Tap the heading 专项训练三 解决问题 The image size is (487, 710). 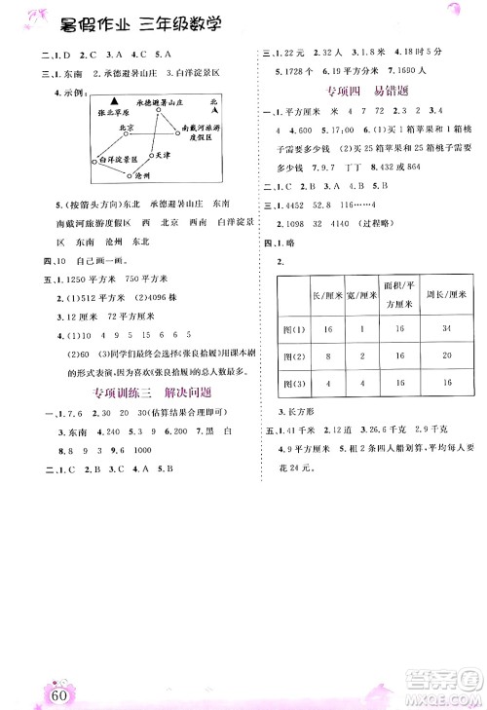(x=150, y=392)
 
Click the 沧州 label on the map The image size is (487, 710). (x=140, y=175)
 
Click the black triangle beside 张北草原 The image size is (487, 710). (x=115, y=100)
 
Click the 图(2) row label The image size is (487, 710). (x=292, y=357)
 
